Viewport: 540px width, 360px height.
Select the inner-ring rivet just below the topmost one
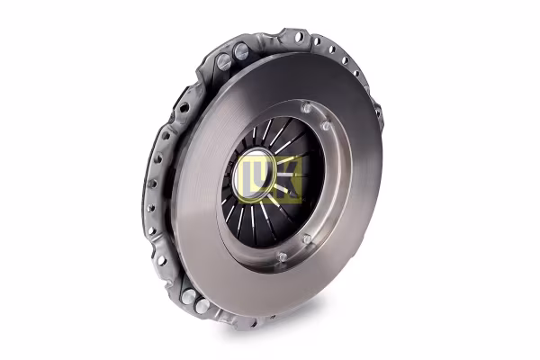click(317, 126)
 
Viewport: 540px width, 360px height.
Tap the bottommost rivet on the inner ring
click(282, 257)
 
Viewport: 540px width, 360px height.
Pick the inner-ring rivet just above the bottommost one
click(306, 239)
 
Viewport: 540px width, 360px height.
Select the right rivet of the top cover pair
click(240, 52)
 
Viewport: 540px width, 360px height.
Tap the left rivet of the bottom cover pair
click(187, 296)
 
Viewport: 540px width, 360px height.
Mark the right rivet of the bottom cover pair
click(203, 307)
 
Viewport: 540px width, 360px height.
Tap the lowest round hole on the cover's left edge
click(162, 260)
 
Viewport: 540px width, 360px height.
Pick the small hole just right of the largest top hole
click(317, 41)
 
